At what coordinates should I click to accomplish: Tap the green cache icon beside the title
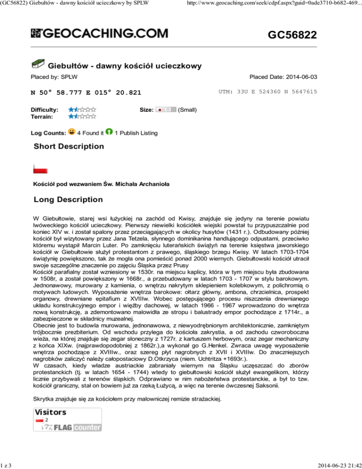38,64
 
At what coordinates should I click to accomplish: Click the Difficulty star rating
82,109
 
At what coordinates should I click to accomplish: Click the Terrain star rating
82,116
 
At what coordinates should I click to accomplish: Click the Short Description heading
69,147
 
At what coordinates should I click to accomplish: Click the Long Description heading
68,200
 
